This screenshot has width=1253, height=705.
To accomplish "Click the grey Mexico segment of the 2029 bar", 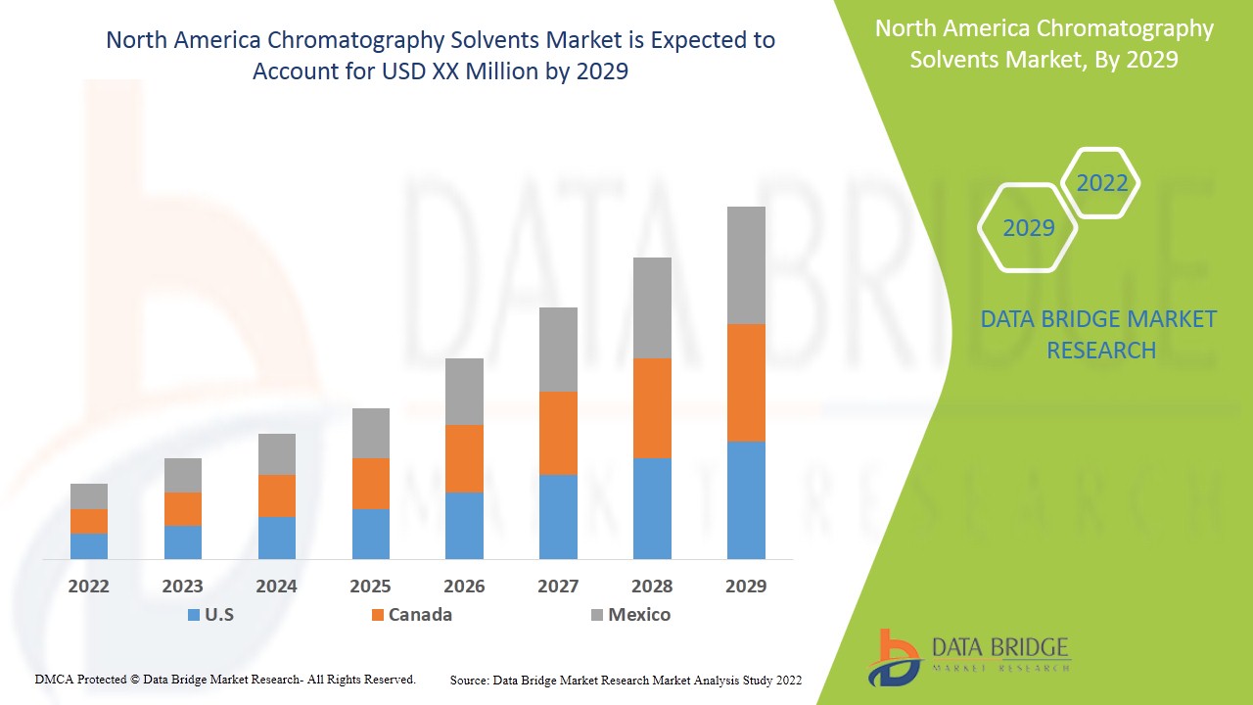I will (746, 265).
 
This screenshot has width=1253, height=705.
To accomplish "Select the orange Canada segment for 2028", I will (652, 408).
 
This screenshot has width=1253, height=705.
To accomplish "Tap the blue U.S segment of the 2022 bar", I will (89, 546).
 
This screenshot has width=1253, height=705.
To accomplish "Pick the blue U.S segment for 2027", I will (558, 517).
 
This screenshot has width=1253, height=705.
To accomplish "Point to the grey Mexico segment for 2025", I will (370, 433).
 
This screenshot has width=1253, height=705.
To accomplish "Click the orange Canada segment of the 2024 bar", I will (276, 495).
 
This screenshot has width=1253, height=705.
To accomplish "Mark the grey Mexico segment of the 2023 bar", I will (183, 475).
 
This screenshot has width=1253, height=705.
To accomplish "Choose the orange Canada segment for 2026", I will (464, 458).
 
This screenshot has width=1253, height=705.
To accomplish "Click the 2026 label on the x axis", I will (464, 587).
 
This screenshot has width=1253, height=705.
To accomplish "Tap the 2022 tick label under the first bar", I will (89, 587).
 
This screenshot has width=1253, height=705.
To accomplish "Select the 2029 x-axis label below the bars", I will (746, 587).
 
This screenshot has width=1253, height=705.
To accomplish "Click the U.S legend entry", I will (210, 615).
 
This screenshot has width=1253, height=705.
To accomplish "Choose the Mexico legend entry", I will (630, 615).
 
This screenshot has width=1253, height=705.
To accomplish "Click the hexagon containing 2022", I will (1101, 183).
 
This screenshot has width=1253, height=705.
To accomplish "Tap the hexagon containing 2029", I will (1028, 228).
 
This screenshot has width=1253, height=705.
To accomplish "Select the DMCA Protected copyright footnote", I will (225, 679).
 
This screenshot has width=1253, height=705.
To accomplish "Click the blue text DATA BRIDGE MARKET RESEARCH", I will (1098, 334).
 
